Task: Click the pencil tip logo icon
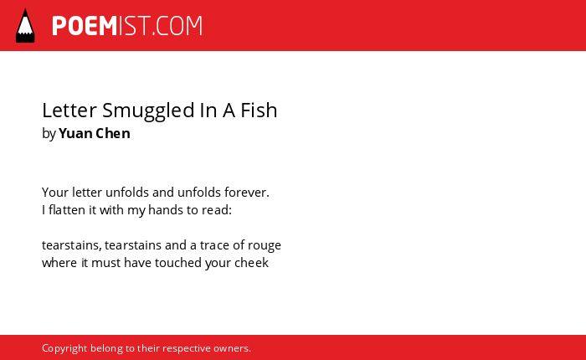pyautogui.click(x=25, y=25)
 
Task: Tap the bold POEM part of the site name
pyautogui.click(x=85, y=26)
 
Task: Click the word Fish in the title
pyautogui.click(x=259, y=110)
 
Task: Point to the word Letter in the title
pyautogui.click(x=69, y=111)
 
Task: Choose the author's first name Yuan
pyautogui.click(x=75, y=133)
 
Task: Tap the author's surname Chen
pyautogui.click(x=113, y=133)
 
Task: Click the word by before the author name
pyautogui.click(x=49, y=134)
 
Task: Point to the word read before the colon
pyautogui.click(x=215, y=209)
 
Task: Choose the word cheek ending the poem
pyautogui.click(x=251, y=262)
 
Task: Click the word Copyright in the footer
pyautogui.click(x=64, y=348)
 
